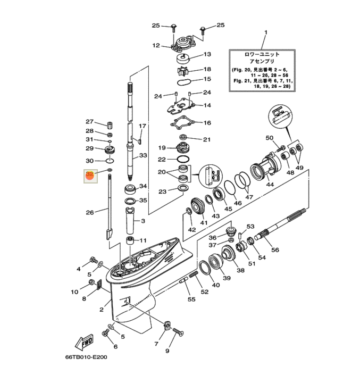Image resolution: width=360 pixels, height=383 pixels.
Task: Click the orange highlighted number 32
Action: pyautogui.click(x=89, y=175)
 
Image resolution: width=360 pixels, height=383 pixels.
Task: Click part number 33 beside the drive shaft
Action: pyautogui.click(x=143, y=156)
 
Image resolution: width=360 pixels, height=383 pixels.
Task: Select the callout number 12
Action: pyautogui.click(x=156, y=46)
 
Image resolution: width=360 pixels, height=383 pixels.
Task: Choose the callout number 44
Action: pyautogui.click(x=270, y=185)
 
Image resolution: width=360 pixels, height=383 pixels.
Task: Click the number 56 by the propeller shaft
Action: pyautogui.click(x=274, y=249)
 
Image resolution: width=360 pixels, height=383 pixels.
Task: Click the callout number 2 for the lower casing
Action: pyautogui.click(x=102, y=309)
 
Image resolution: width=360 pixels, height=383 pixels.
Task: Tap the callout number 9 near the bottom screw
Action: pyautogui.click(x=167, y=351)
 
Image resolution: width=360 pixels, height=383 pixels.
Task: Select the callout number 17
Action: pyautogui.click(x=142, y=126)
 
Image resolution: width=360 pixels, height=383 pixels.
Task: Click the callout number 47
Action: pyautogui.click(x=249, y=197)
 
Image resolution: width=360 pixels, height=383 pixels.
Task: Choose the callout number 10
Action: pyautogui.click(x=74, y=292)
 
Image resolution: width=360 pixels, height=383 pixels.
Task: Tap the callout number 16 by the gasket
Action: pyautogui.click(x=207, y=123)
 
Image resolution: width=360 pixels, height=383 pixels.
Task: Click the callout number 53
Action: pyautogui.click(x=250, y=227)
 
